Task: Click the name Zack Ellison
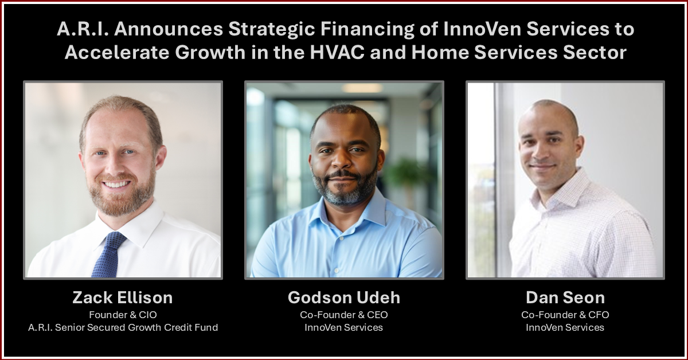point(123,298)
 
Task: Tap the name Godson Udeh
point(344,298)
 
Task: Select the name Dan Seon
point(565,298)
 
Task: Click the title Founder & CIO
point(123,315)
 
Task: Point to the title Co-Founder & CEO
point(344,315)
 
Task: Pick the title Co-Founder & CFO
point(565,315)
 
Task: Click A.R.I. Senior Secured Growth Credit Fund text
point(123,327)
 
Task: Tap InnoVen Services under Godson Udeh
point(343,327)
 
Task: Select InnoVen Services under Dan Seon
point(565,327)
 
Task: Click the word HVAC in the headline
point(337,52)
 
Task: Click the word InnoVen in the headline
point(482,29)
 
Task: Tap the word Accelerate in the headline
point(117,52)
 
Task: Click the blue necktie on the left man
point(108,255)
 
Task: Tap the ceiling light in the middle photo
point(362,88)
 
